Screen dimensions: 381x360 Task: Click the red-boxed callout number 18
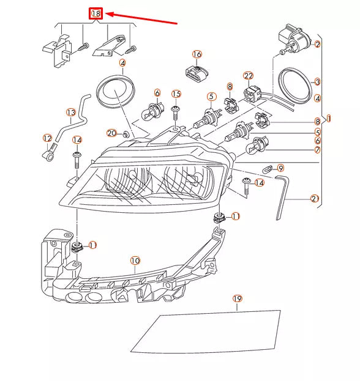click(x=96, y=13)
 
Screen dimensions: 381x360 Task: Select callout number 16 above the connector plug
click(x=197, y=54)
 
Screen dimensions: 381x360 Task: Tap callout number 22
click(x=248, y=76)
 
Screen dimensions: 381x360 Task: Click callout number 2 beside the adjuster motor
click(x=317, y=44)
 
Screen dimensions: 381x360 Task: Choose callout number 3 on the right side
click(x=317, y=81)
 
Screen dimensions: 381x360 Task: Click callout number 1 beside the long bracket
click(x=329, y=118)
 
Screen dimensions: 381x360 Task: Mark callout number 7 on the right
click(x=317, y=150)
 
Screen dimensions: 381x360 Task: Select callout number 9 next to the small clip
click(x=280, y=168)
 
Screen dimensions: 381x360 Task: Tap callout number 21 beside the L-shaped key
click(x=314, y=198)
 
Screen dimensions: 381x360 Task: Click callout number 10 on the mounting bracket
click(x=135, y=261)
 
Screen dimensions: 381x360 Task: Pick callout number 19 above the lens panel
click(x=238, y=298)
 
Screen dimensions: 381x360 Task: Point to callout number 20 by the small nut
click(x=111, y=133)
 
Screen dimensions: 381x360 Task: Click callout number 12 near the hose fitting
click(x=47, y=138)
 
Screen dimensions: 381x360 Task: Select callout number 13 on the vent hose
click(x=71, y=113)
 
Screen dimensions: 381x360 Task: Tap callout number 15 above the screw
click(x=176, y=94)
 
